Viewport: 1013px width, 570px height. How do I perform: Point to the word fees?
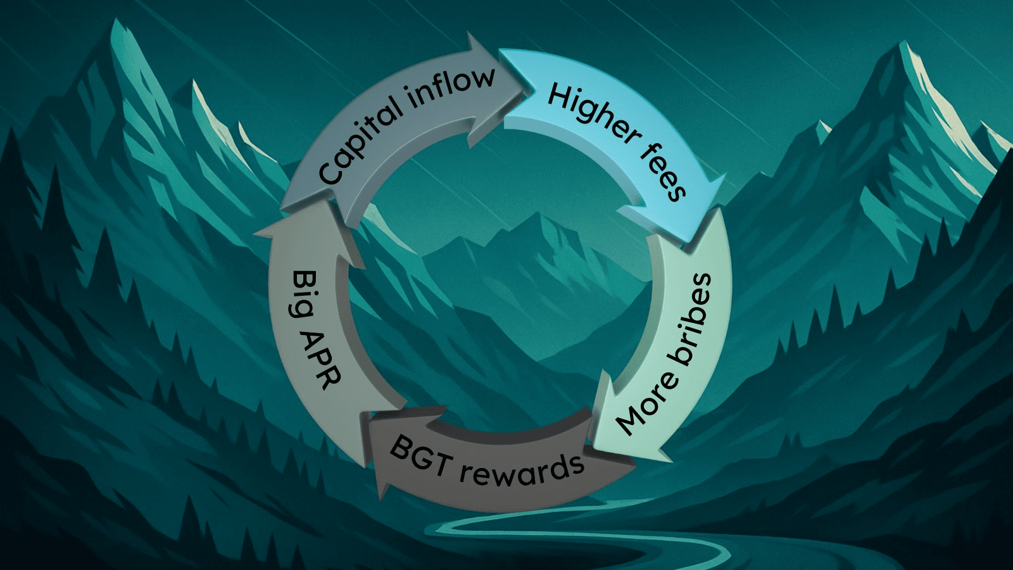click(x=663, y=174)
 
